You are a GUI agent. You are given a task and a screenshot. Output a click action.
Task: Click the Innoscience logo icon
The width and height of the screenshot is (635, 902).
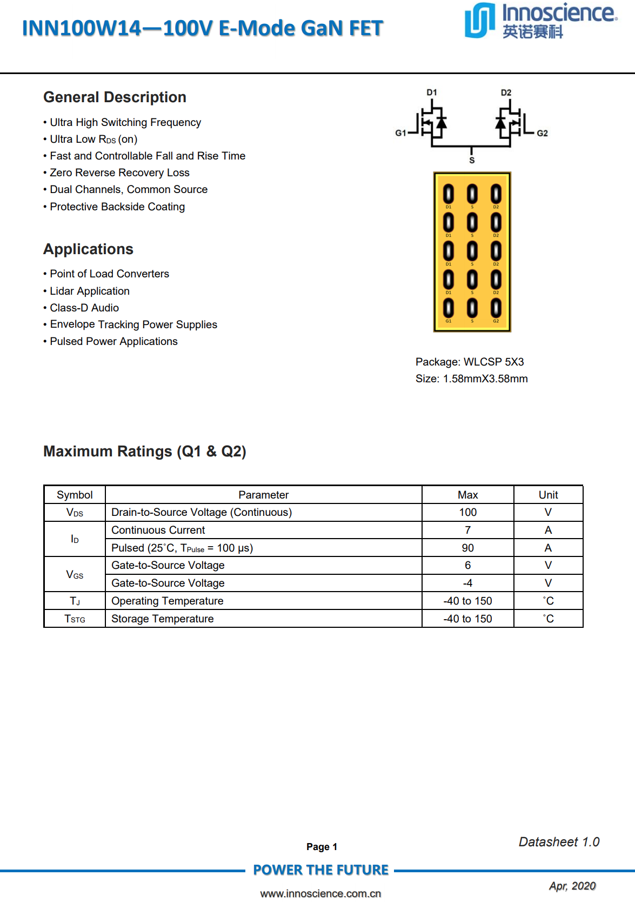pos(479,21)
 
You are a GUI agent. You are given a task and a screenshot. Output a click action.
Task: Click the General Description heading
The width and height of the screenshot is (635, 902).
pos(115,97)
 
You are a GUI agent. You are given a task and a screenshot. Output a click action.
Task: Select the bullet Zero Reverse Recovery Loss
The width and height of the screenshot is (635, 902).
pos(119,173)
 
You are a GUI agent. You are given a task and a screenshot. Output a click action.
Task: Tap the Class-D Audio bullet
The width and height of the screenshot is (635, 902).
pos(84,308)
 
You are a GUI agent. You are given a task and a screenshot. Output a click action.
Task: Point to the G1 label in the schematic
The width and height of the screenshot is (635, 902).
pos(400,133)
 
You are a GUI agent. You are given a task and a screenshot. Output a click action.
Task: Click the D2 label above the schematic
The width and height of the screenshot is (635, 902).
pos(506,92)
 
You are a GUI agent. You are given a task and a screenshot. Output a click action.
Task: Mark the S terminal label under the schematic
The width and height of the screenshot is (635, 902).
pos(472,161)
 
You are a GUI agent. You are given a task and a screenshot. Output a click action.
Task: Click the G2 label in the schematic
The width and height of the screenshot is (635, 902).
pos(542,133)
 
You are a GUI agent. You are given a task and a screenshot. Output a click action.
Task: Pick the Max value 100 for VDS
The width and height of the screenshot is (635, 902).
pos(467,512)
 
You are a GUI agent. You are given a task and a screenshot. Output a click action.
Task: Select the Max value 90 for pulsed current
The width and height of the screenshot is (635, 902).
pos(467,548)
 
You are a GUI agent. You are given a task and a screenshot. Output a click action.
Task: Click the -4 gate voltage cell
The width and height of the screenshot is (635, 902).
pos(467,583)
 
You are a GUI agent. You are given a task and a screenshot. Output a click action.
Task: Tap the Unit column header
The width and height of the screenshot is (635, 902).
pos(548,495)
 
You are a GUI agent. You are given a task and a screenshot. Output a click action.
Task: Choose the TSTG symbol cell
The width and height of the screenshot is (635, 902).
pos(75,619)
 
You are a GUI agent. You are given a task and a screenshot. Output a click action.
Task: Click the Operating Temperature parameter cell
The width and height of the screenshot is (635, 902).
pos(167,601)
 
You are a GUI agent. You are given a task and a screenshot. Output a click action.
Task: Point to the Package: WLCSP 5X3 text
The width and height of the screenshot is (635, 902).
pos(469,362)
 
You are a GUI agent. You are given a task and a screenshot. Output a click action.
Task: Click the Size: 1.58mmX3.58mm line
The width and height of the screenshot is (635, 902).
pos(471,379)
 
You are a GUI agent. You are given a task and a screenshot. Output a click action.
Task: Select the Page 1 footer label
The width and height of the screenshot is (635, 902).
pos(322,847)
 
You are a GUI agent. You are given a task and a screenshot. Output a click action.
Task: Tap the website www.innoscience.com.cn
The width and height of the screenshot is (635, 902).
pos(320,893)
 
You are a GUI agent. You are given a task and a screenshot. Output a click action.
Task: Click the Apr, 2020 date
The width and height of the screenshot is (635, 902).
pos(572,886)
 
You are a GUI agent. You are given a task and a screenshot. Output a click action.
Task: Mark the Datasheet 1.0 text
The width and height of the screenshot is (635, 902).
pos(559,842)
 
